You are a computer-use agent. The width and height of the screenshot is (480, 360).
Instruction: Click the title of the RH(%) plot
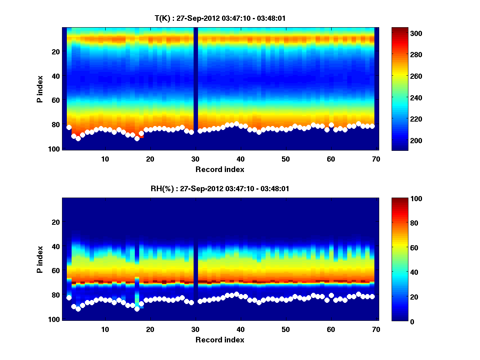click(x=217, y=189)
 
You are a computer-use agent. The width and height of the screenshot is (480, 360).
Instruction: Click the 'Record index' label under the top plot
click(x=220, y=170)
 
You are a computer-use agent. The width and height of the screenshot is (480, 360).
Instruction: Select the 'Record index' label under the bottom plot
click(x=220, y=340)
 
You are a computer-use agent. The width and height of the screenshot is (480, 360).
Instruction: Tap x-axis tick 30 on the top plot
click(x=195, y=159)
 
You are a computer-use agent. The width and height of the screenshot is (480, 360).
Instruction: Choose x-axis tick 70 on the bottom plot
click(x=376, y=329)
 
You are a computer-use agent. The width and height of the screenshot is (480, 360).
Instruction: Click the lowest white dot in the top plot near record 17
click(x=137, y=138)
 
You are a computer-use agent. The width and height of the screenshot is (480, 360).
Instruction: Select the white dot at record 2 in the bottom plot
click(x=69, y=298)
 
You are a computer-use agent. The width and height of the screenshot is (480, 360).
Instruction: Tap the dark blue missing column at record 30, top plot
click(x=196, y=88)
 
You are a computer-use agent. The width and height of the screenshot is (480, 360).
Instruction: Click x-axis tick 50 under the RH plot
click(x=286, y=329)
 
